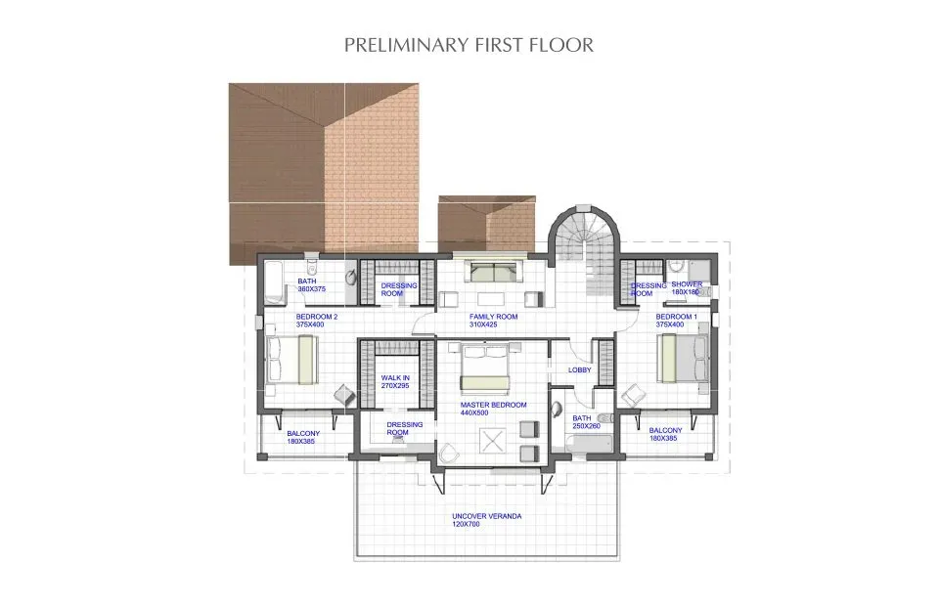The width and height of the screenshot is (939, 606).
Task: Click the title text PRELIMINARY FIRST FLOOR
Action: coord(469,45)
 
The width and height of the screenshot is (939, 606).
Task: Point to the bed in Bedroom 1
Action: coord(682,358)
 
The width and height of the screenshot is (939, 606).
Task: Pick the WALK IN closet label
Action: coord(394,381)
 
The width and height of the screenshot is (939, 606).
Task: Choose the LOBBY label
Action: coord(579,370)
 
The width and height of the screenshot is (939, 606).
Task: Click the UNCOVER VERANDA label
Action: coord(479,520)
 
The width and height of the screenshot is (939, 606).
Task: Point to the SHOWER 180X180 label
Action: coord(687,288)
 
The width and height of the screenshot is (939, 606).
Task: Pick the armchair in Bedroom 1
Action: coord(633,395)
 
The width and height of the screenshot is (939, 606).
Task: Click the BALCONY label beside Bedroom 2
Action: coord(302,437)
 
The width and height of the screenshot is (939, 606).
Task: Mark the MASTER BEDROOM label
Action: coord(494,409)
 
